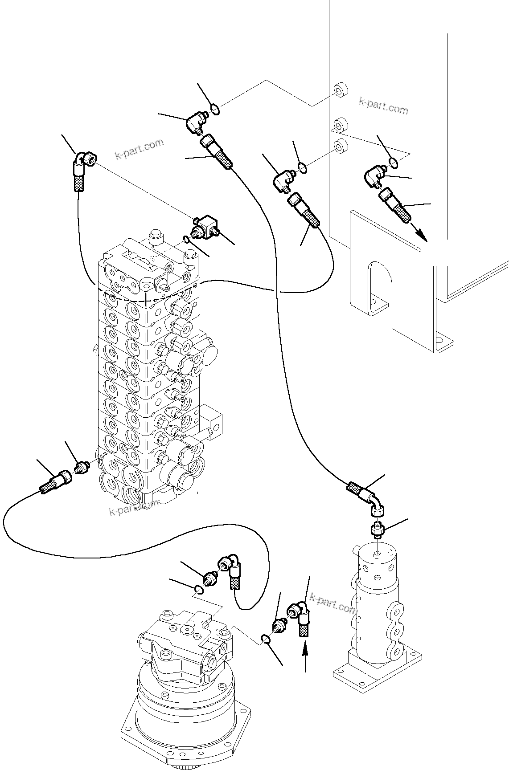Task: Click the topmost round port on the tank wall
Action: tap(341, 90)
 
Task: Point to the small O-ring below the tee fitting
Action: tap(187, 241)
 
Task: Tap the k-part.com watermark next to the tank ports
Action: tap(383, 106)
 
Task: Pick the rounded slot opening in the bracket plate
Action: tap(379, 285)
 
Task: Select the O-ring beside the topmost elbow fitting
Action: tap(215, 109)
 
